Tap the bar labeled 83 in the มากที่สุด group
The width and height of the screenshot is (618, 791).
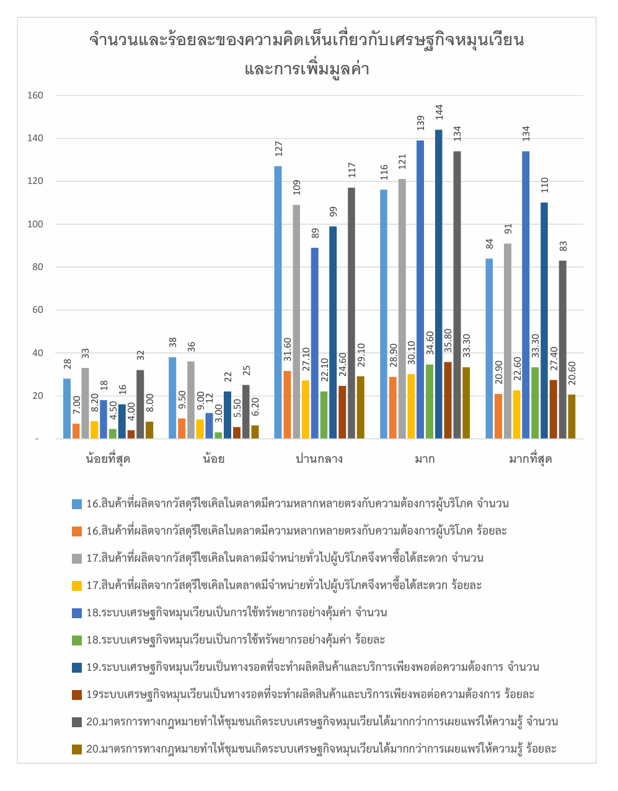(x=562, y=349)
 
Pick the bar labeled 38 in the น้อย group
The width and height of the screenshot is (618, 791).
(x=172, y=398)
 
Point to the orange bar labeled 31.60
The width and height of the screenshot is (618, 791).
(x=287, y=404)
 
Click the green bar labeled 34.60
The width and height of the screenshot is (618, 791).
(x=430, y=401)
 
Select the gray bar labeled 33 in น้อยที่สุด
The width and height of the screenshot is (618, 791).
(x=85, y=403)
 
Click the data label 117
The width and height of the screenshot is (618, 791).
(x=351, y=170)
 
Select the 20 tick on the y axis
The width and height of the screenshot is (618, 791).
(x=37, y=396)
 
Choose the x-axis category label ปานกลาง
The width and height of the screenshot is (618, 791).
(x=319, y=459)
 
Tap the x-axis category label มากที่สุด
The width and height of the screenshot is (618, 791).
(x=530, y=459)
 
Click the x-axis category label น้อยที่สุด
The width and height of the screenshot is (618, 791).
(x=108, y=459)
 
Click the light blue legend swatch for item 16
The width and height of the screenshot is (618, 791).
(x=77, y=504)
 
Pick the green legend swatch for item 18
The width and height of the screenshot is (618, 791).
(x=77, y=640)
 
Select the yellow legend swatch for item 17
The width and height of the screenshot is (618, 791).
(x=77, y=585)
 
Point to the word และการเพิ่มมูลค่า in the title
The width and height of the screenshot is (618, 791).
(x=307, y=68)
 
